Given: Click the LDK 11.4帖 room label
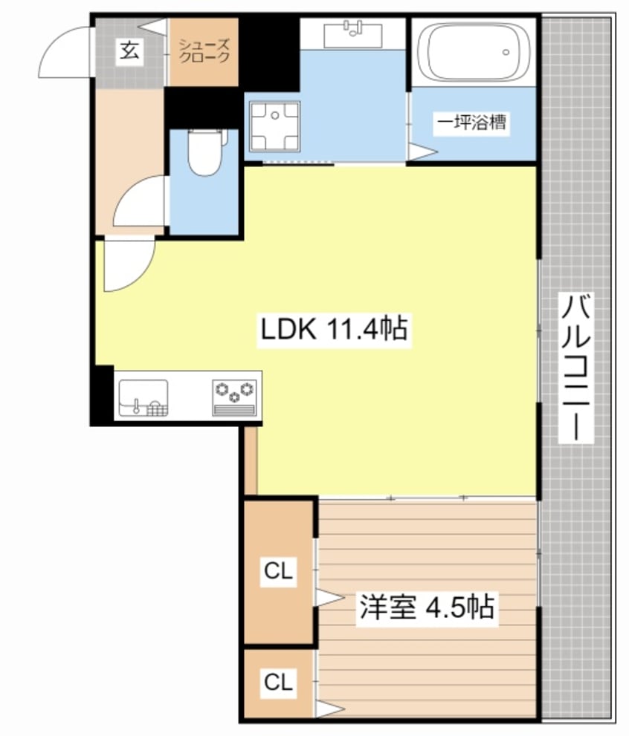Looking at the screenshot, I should [334, 328].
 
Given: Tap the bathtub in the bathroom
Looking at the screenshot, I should [473, 51].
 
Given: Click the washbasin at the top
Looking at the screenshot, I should [353, 34].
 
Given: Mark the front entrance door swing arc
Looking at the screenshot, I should [65, 51].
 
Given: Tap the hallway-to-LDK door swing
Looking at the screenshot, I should [128, 267].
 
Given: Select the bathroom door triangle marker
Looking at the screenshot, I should [419, 152].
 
